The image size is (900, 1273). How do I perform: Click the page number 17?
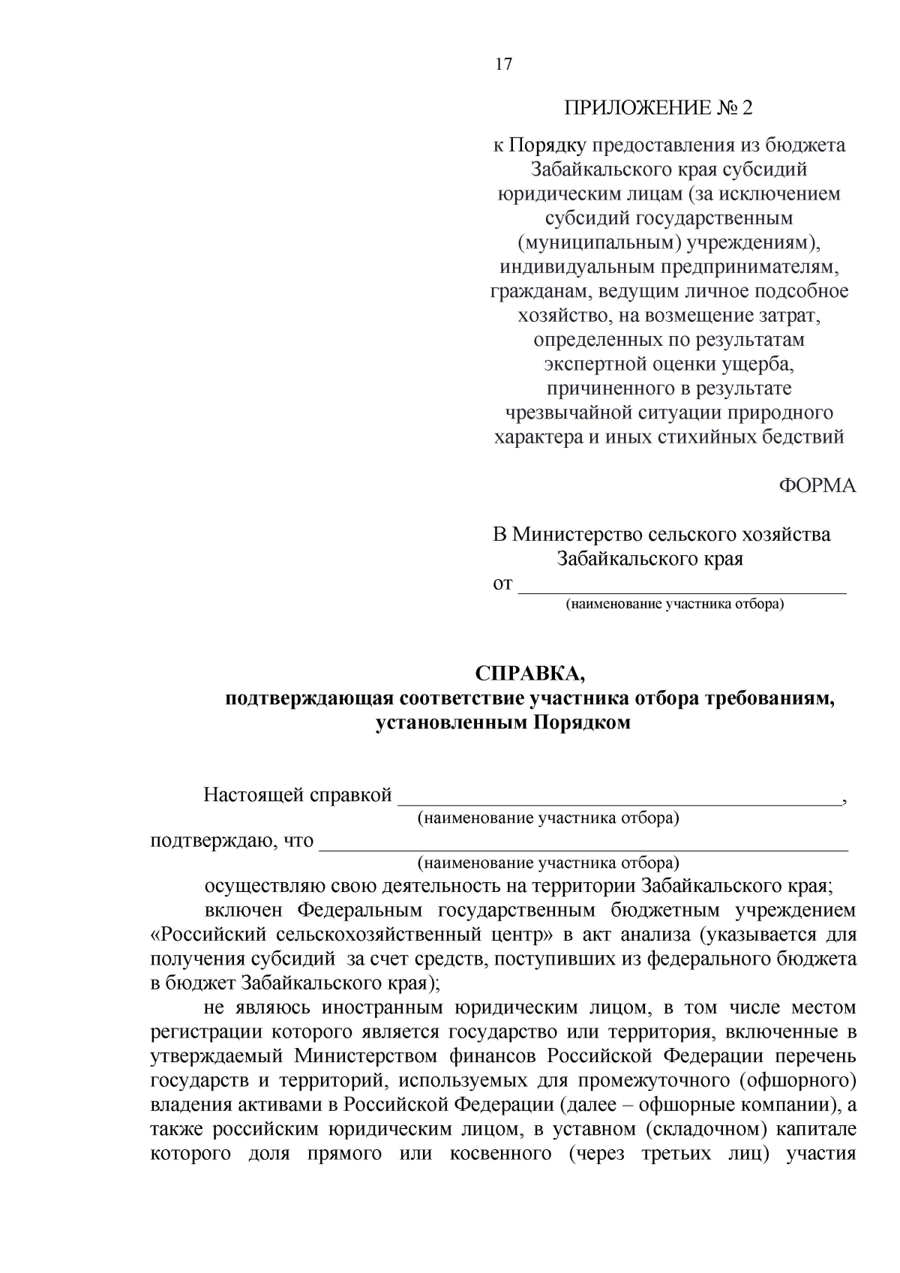point(504,65)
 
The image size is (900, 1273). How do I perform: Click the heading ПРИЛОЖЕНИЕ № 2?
point(658,108)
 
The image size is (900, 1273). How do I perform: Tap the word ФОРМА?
point(817,486)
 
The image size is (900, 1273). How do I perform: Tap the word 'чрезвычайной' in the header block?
point(571,413)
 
